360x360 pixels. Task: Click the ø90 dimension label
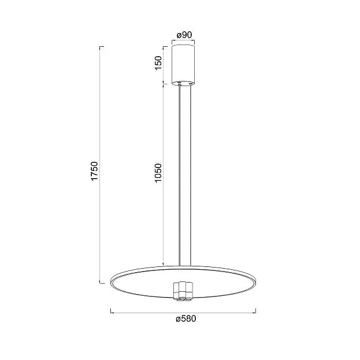tap(184, 35)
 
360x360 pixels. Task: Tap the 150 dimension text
tap(159, 63)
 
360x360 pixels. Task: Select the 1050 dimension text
tap(158, 173)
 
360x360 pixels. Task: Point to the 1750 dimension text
tap(94, 171)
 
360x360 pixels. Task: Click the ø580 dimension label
tap(186, 319)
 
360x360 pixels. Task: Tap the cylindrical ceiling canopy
tap(183, 65)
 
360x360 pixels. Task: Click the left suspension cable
tap(180, 176)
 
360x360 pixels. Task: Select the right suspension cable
tap(191, 176)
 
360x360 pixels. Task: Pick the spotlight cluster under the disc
tap(183, 291)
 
